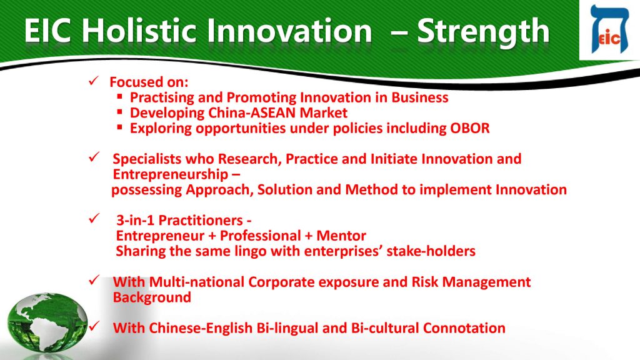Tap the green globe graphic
(x=47, y=322)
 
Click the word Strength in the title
(x=483, y=32)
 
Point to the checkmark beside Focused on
(x=94, y=81)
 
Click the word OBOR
(x=470, y=128)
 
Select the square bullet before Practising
(x=119, y=97)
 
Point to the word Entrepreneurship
(x=170, y=175)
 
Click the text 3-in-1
(x=135, y=221)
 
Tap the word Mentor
(x=341, y=236)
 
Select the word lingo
(x=251, y=251)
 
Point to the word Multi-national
(x=196, y=282)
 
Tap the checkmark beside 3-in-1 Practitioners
(x=94, y=219)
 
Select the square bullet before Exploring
(x=119, y=127)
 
